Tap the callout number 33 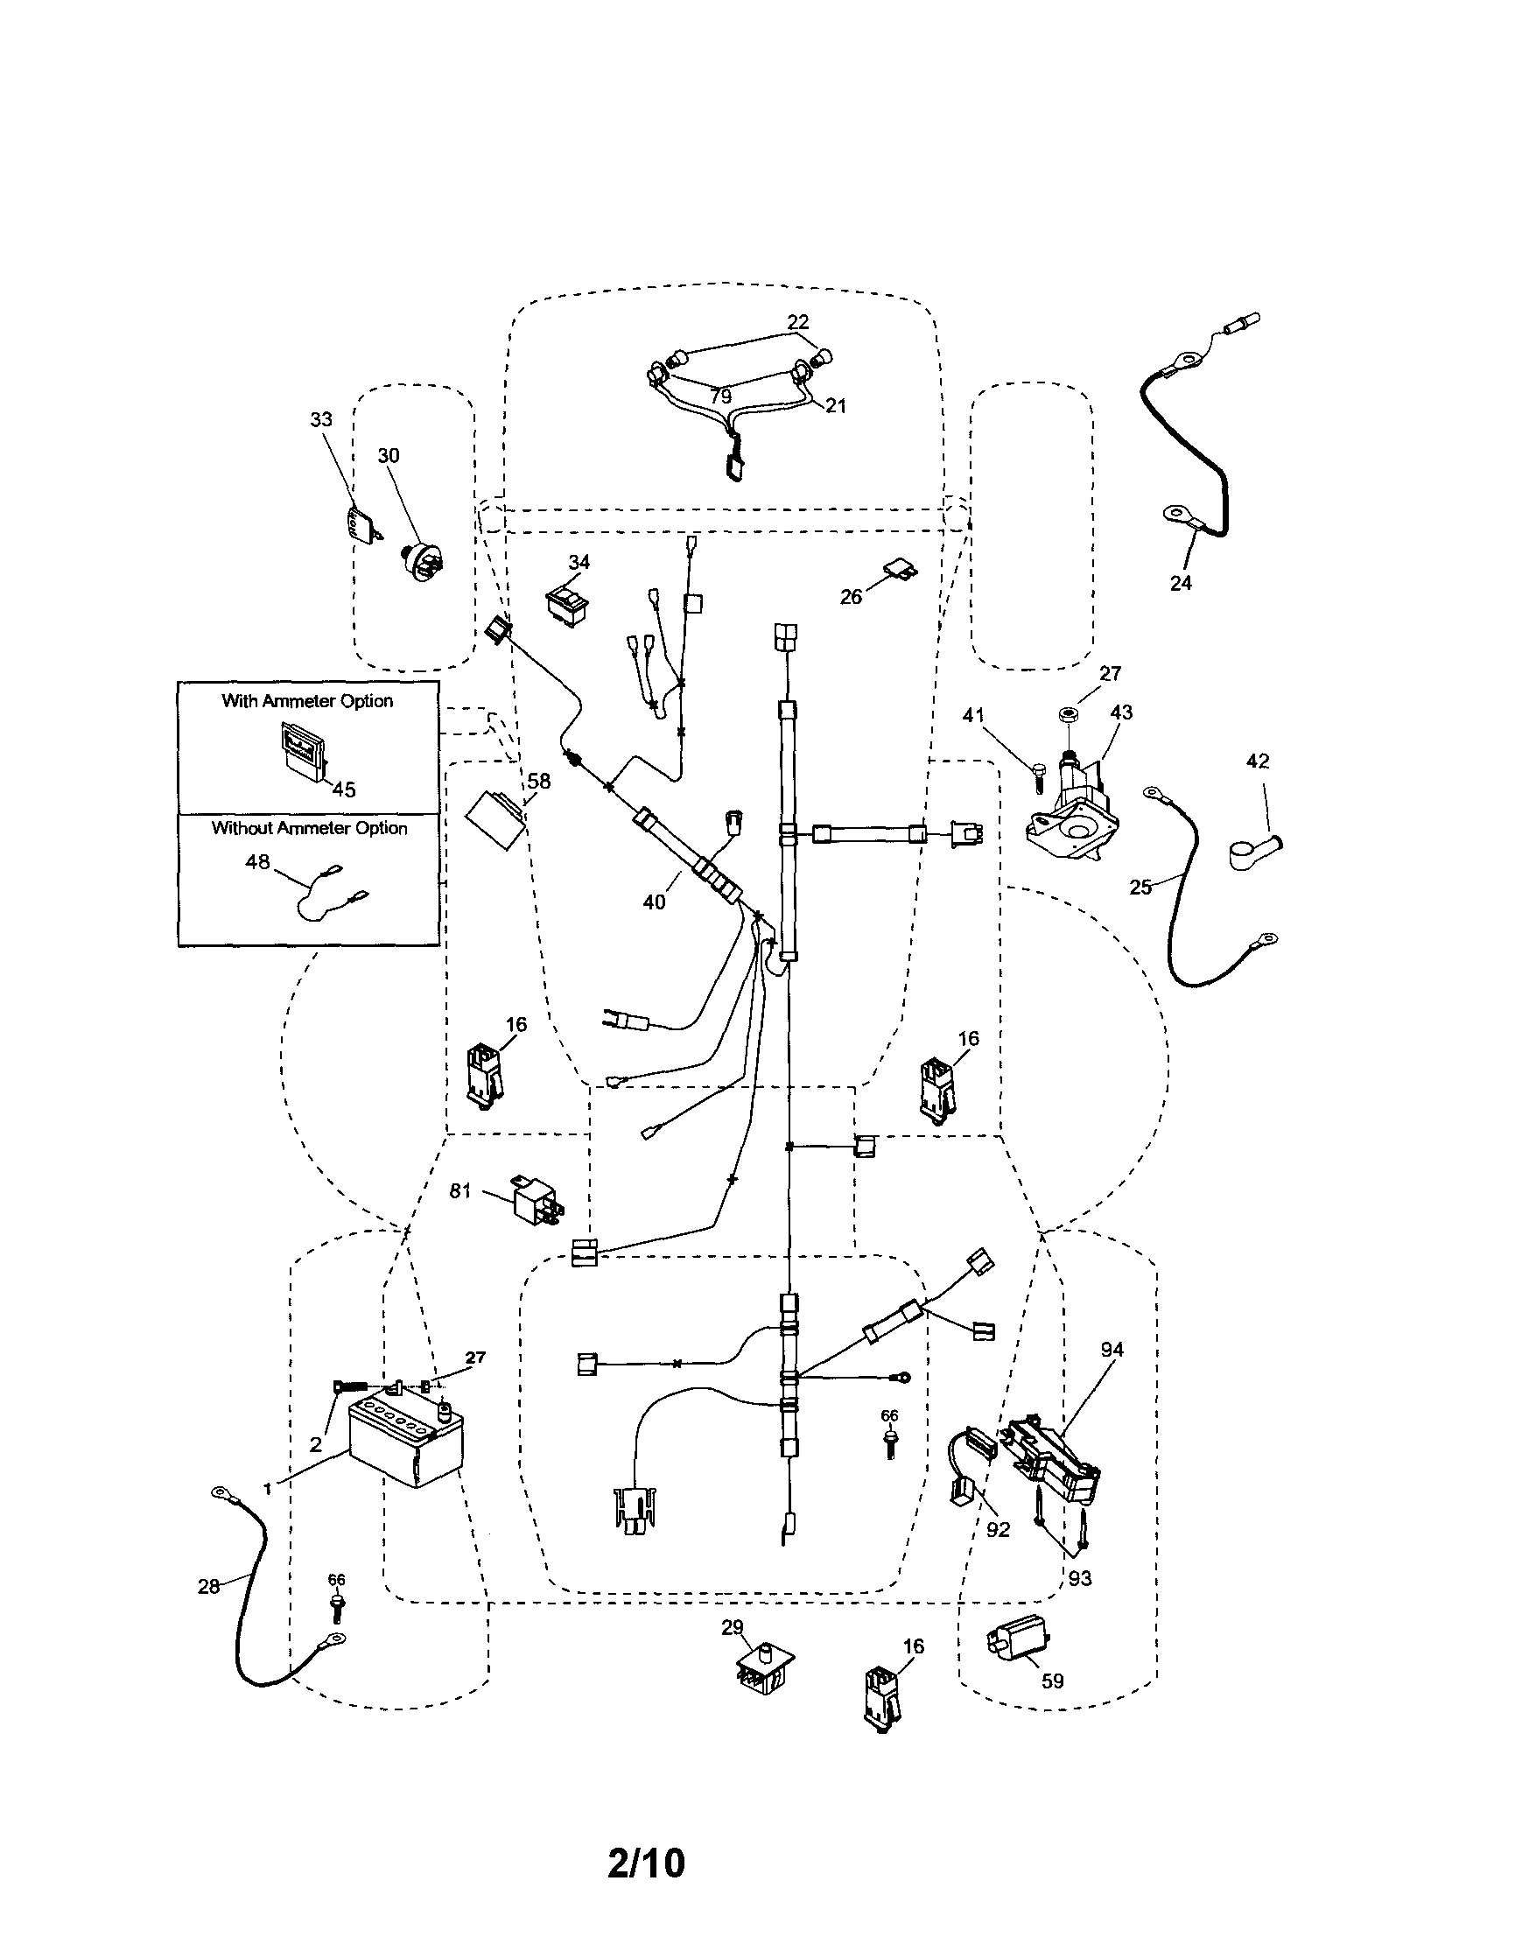pyautogui.click(x=320, y=419)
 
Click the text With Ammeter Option pyautogui.click(x=307, y=701)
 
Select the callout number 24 pyautogui.click(x=1180, y=582)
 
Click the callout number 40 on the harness pyautogui.click(x=654, y=902)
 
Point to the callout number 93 pyautogui.click(x=1080, y=1578)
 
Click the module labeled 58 pyautogui.click(x=496, y=817)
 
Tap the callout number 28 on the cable pyautogui.click(x=208, y=1587)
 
